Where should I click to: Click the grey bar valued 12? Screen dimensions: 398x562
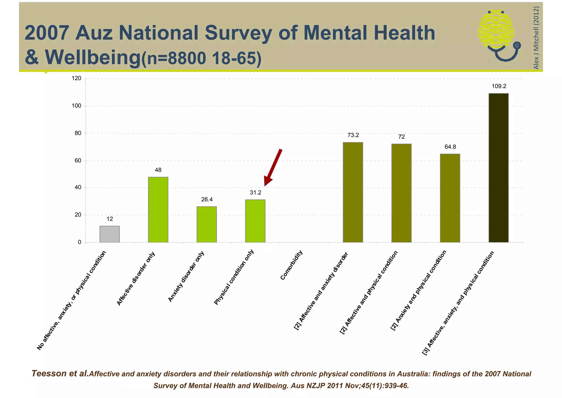(109, 234)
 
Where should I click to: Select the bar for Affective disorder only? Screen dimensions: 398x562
(158, 209)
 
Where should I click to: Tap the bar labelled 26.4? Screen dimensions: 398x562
(207, 224)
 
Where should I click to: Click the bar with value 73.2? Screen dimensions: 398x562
(353, 192)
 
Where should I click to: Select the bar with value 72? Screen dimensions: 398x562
(401, 193)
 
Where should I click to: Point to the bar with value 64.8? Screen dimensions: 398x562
(450, 198)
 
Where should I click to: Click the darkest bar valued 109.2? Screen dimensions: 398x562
(499, 168)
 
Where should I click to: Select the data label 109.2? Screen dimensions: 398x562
(499, 86)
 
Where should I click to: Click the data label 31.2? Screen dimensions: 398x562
(255, 193)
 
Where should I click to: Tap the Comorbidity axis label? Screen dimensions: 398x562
(291, 265)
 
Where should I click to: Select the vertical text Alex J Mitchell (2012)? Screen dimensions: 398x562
(536, 38)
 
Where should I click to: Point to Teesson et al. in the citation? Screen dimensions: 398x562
(60, 374)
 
